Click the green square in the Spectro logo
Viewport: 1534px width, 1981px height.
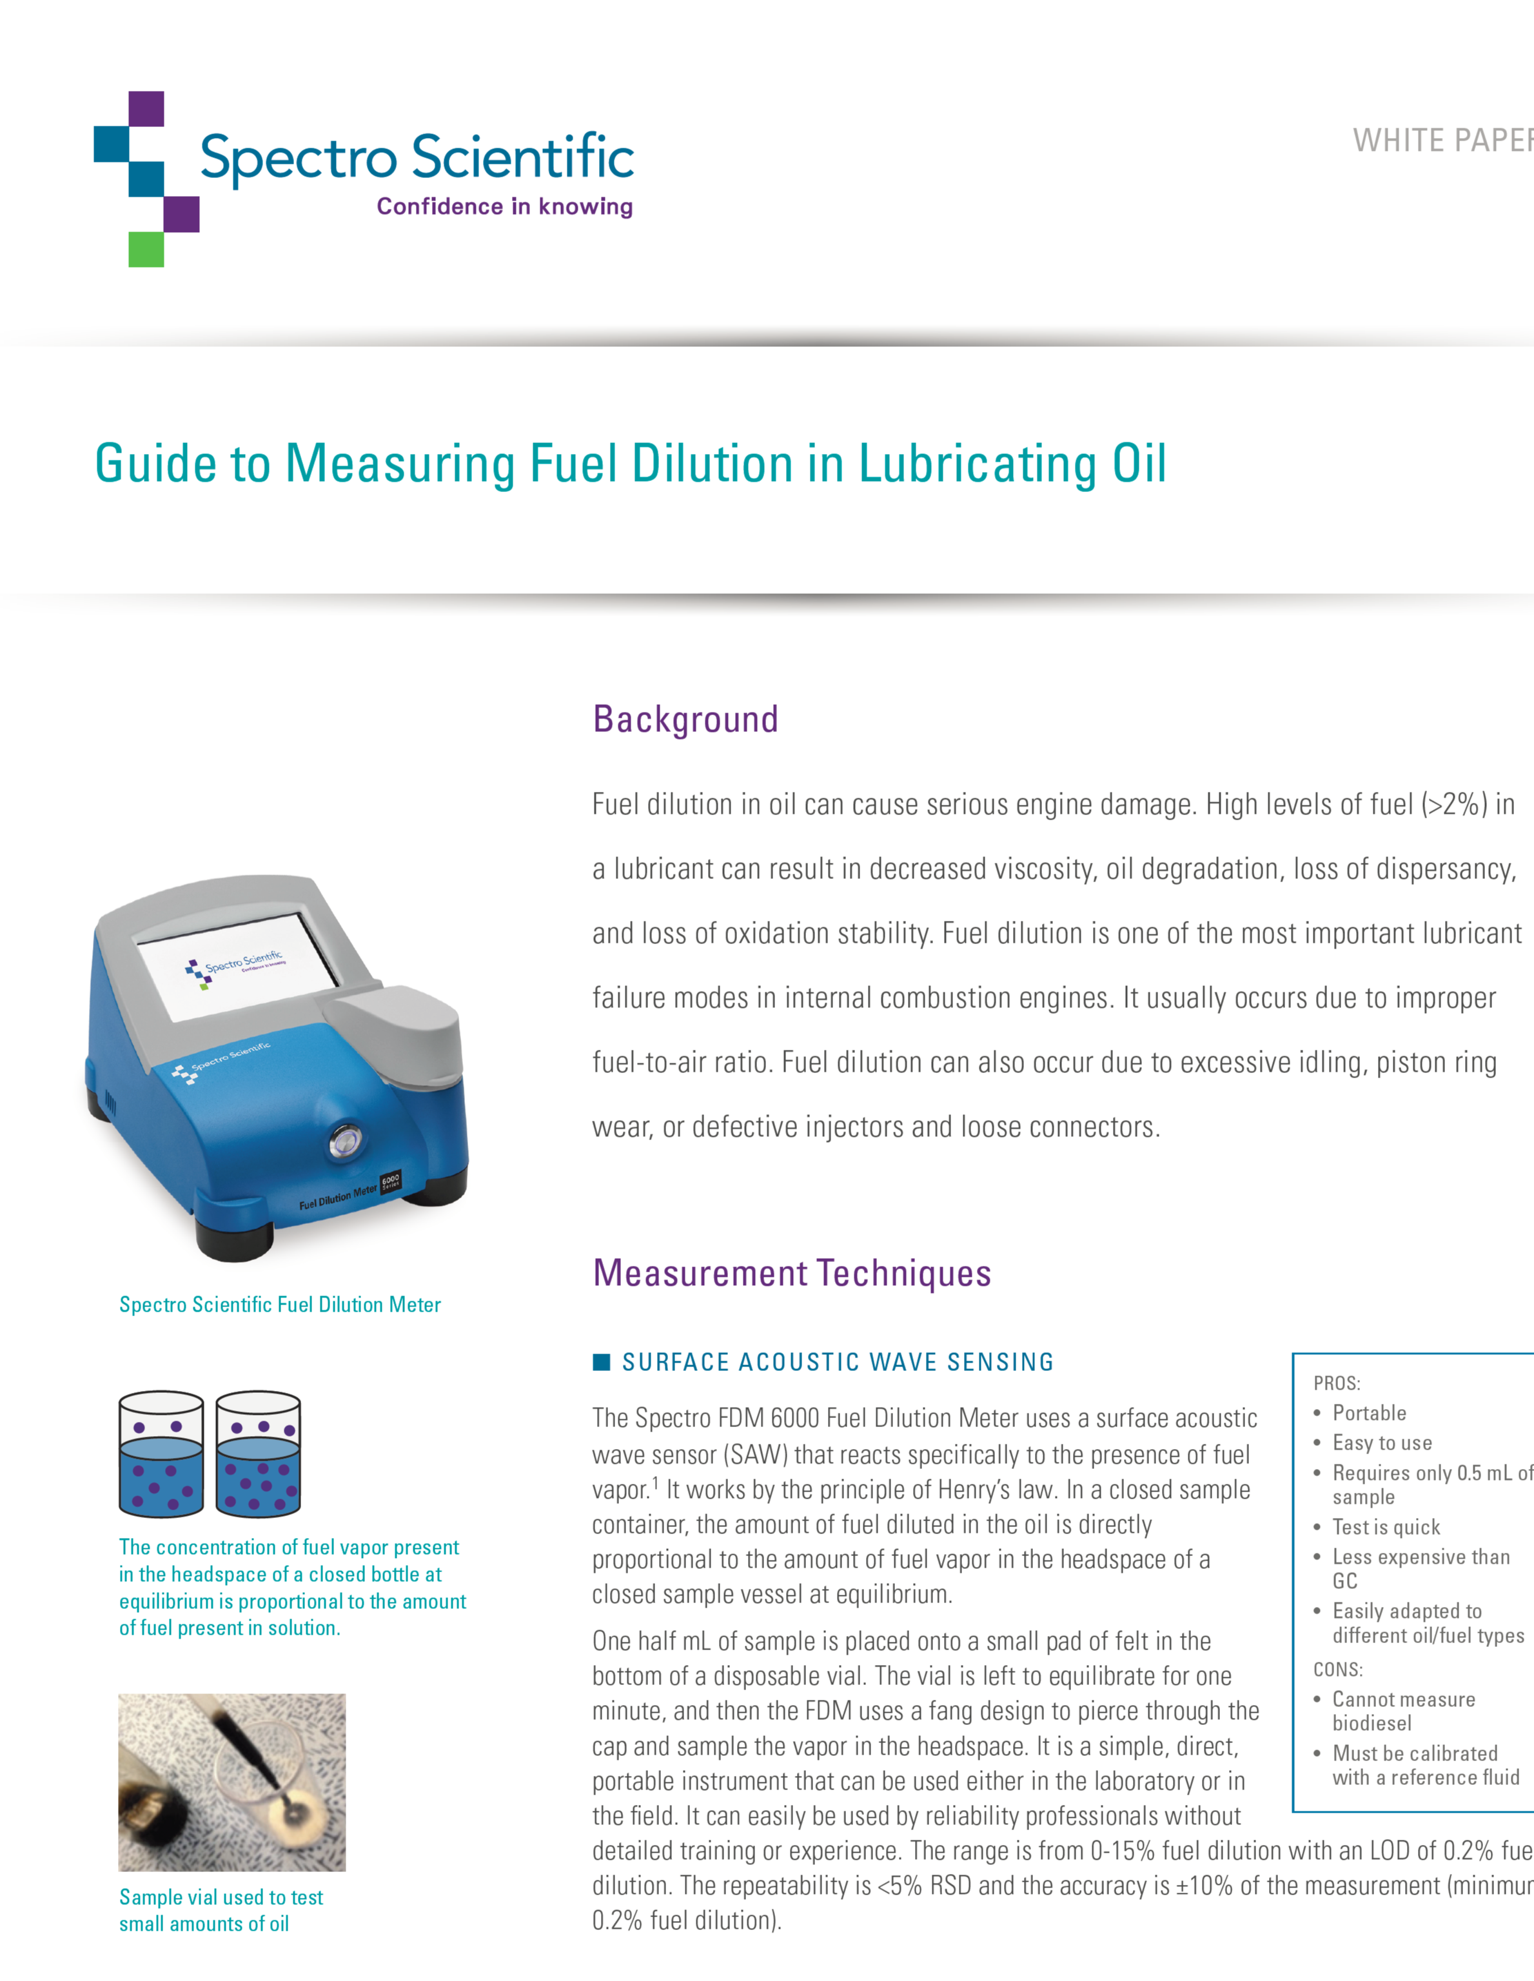tap(146, 250)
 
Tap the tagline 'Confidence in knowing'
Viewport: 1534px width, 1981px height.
tap(504, 207)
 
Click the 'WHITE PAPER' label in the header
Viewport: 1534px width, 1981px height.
tap(1442, 141)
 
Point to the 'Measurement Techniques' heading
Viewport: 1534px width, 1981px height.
tap(791, 1272)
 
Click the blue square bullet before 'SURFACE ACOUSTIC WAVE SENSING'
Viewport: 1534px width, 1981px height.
tap(600, 1361)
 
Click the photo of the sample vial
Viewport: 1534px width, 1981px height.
tap(232, 1782)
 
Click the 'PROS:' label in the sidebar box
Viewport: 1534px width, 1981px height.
tap(1336, 1383)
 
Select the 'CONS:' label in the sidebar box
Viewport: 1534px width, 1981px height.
tap(1337, 1669)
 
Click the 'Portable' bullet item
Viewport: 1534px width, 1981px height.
tap(1369, 1413)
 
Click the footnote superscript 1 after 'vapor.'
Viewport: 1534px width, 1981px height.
tap(656, 1482)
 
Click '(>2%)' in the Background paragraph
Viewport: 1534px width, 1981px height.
tap(1454, 805)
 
